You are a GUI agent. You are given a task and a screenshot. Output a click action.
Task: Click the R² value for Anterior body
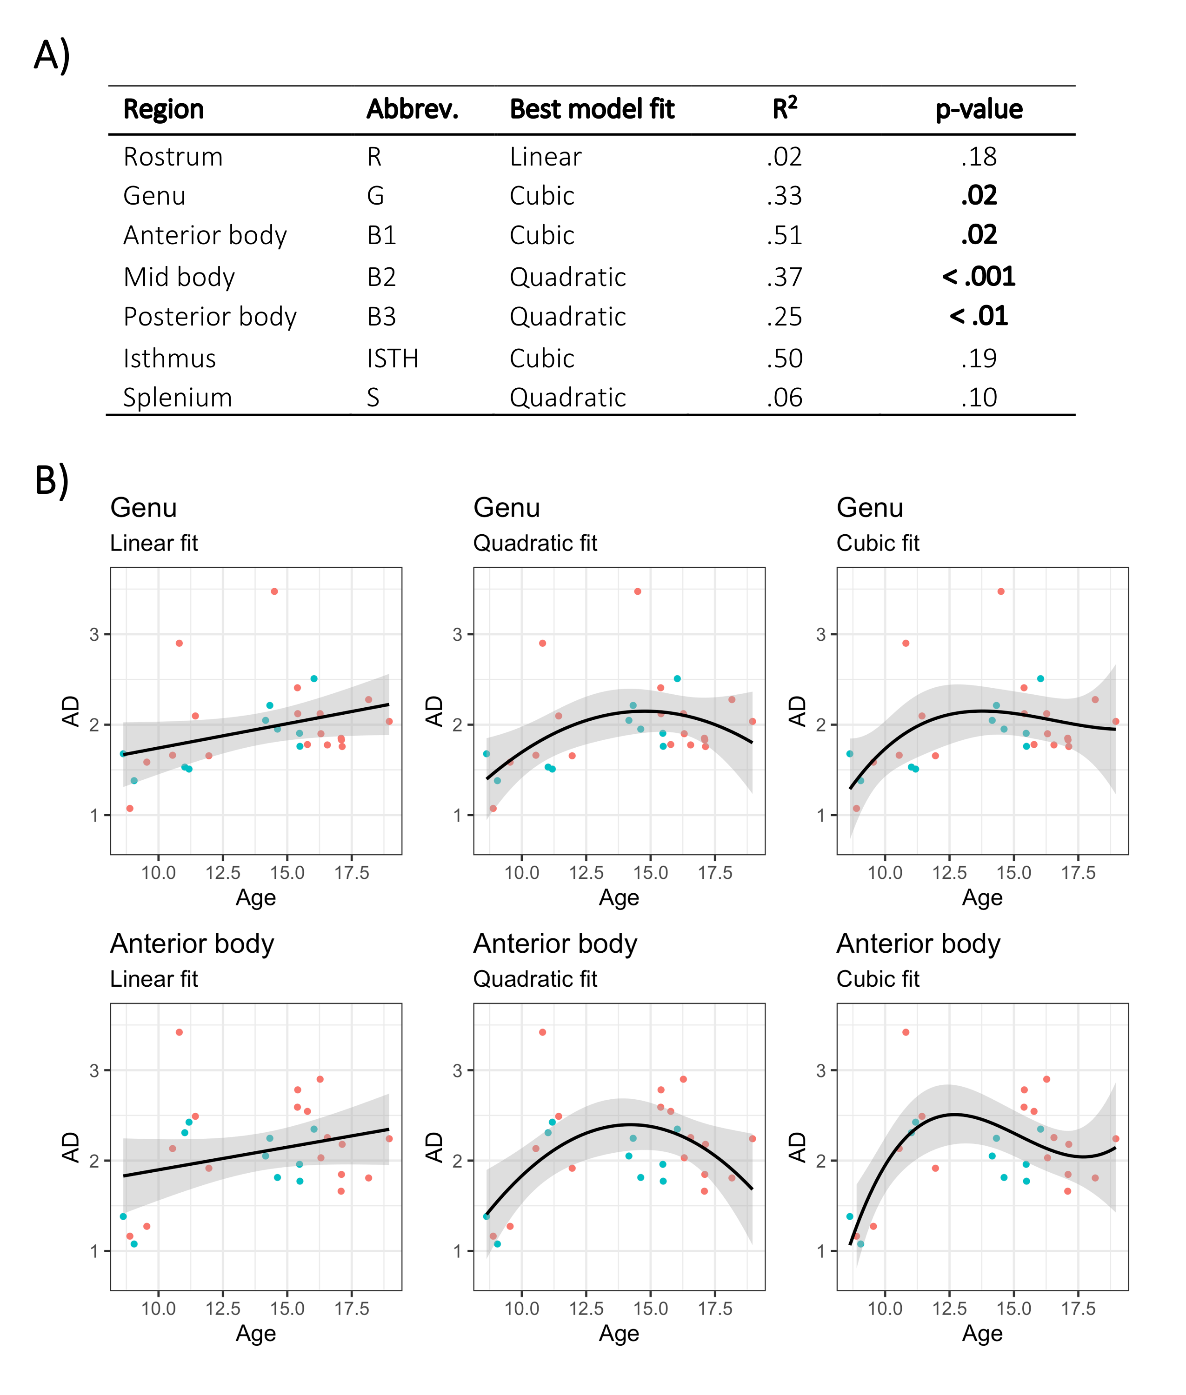tap(784, 235)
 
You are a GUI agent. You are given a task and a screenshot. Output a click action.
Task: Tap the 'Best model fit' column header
tap(592, 109)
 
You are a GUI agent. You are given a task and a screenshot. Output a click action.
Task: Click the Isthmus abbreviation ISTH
tap(393, 359)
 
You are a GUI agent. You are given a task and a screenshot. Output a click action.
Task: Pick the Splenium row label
tap(178, 397)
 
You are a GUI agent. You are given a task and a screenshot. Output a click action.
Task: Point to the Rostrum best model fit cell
tap(545, 157)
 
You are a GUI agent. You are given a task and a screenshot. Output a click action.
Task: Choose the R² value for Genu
tap(784, 196)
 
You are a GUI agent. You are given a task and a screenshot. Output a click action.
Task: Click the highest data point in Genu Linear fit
tap(274, 591)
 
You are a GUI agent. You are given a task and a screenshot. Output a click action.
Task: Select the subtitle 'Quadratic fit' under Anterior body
tap(535, 979)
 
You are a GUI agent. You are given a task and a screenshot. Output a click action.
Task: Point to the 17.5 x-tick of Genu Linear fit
tap(352, 873)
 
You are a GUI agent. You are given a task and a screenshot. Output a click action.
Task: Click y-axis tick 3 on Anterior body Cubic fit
tap(821, 1070)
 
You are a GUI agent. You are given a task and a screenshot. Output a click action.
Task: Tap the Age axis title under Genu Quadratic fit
tap(619, 897)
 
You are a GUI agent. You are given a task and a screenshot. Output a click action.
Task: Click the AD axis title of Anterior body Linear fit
tap(71, 1147)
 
